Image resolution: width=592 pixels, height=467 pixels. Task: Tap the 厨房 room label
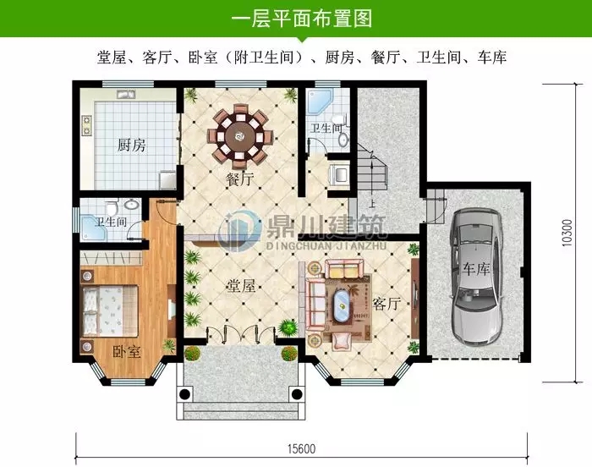131,146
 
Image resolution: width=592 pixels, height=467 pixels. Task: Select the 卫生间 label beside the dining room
326,129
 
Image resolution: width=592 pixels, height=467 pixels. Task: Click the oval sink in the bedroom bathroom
132,206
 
